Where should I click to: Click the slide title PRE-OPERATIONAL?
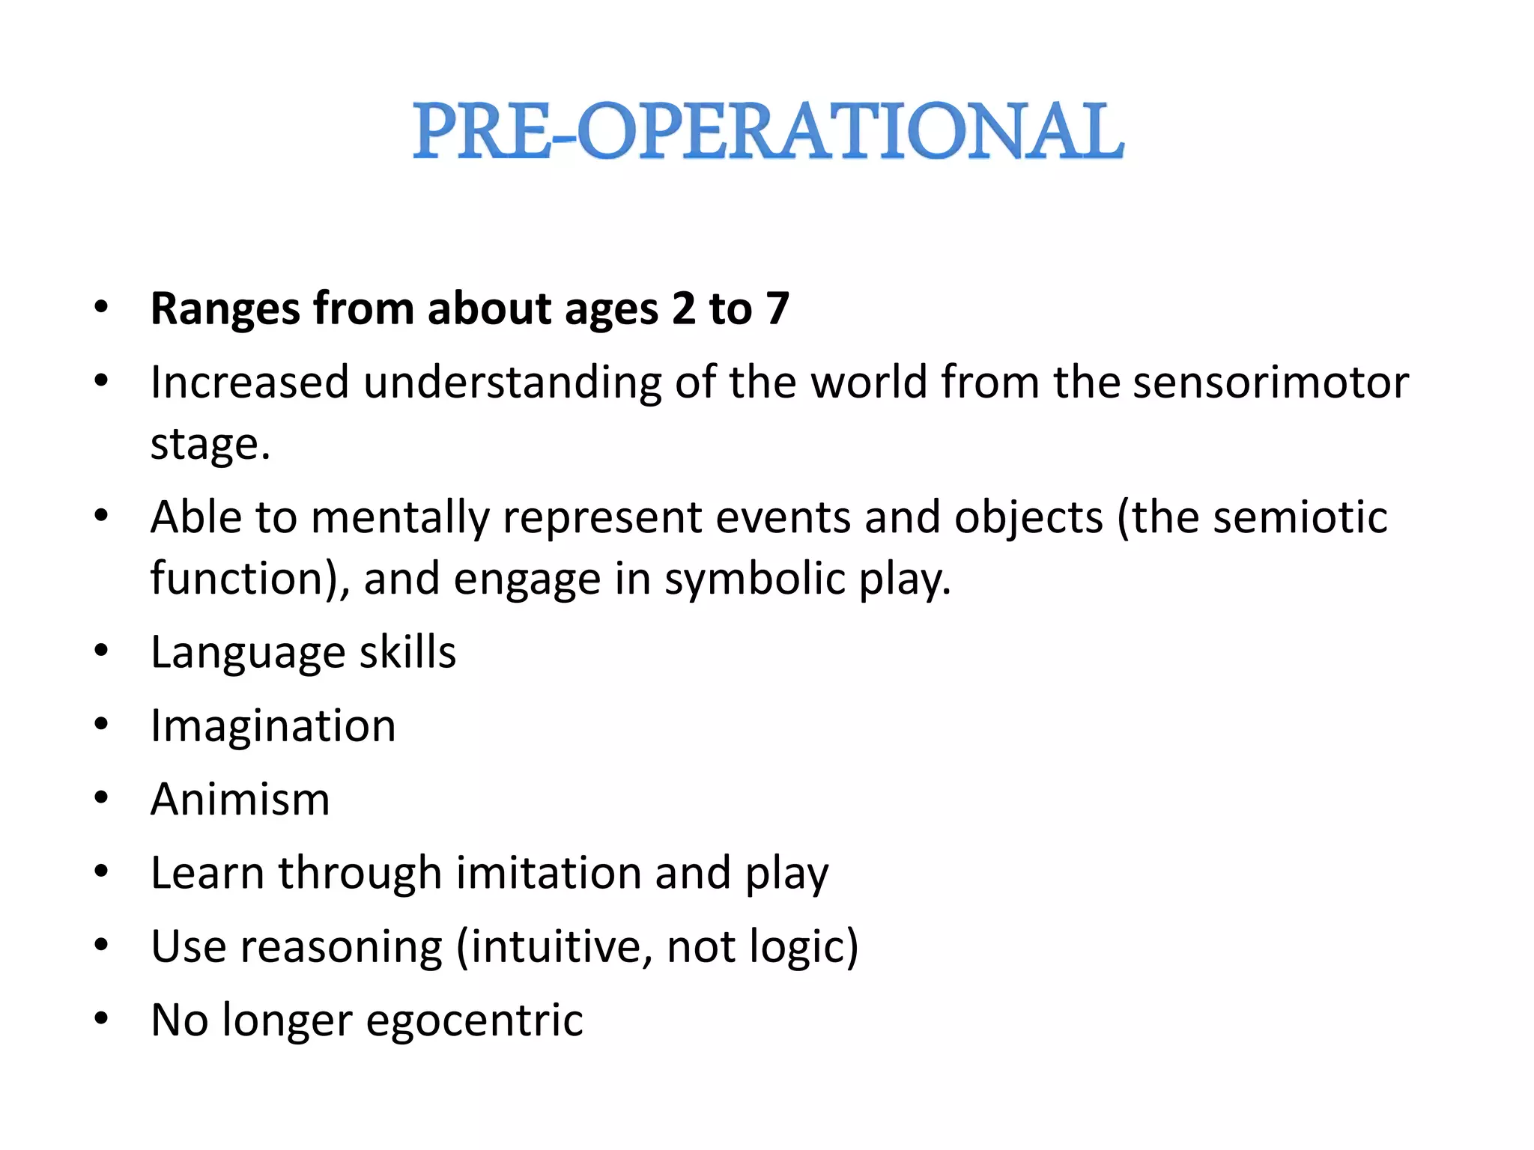(768, 132)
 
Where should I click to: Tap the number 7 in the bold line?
(777, 308)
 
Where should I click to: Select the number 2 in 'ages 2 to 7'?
(683, 308)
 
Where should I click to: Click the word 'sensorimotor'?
(1270, 382)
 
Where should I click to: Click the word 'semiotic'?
(1300, 517)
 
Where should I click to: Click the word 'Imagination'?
(273, 726)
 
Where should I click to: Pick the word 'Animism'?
(240, 799)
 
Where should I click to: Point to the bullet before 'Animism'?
(102, 797)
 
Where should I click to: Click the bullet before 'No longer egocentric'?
(102, 1019)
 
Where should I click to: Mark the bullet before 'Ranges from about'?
(102, 307)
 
